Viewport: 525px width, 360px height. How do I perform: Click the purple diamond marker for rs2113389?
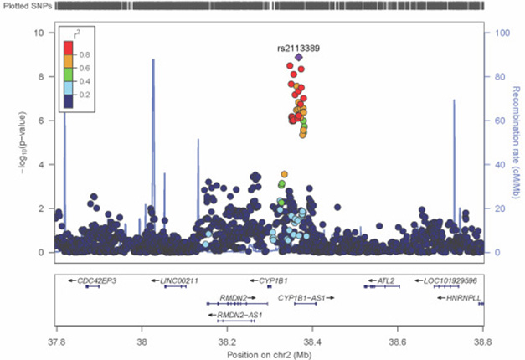coord(299,58)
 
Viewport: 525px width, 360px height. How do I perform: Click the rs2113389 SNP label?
coord(298,48)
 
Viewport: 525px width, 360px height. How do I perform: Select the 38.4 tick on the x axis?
coord(312,342)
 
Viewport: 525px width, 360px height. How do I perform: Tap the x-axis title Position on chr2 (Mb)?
coord(269,353)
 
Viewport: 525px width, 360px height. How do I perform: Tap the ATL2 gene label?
coord(386,280)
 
